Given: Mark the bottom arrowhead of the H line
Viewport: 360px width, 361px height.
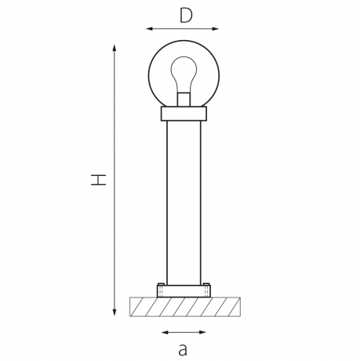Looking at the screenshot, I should (x=116, y=313).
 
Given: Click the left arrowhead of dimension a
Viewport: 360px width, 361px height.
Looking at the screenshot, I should (x=162, y=332).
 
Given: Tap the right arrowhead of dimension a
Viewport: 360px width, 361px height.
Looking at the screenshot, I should (x=205, y=332).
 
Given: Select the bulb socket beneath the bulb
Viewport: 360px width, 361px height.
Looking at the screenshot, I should (x=184, y=100).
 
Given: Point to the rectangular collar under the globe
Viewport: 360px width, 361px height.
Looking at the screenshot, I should (x=184, y=115).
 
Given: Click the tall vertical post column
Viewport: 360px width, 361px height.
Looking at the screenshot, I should (x=184, y=204).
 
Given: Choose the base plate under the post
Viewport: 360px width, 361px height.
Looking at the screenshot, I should (x=184, y=291).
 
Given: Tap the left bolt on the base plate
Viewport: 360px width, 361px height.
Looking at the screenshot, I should (x=160, y=285).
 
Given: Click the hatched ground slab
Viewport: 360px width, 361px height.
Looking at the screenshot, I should (x=184, y=306).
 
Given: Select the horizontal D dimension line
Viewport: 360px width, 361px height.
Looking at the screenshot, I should (x=184, y=30).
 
